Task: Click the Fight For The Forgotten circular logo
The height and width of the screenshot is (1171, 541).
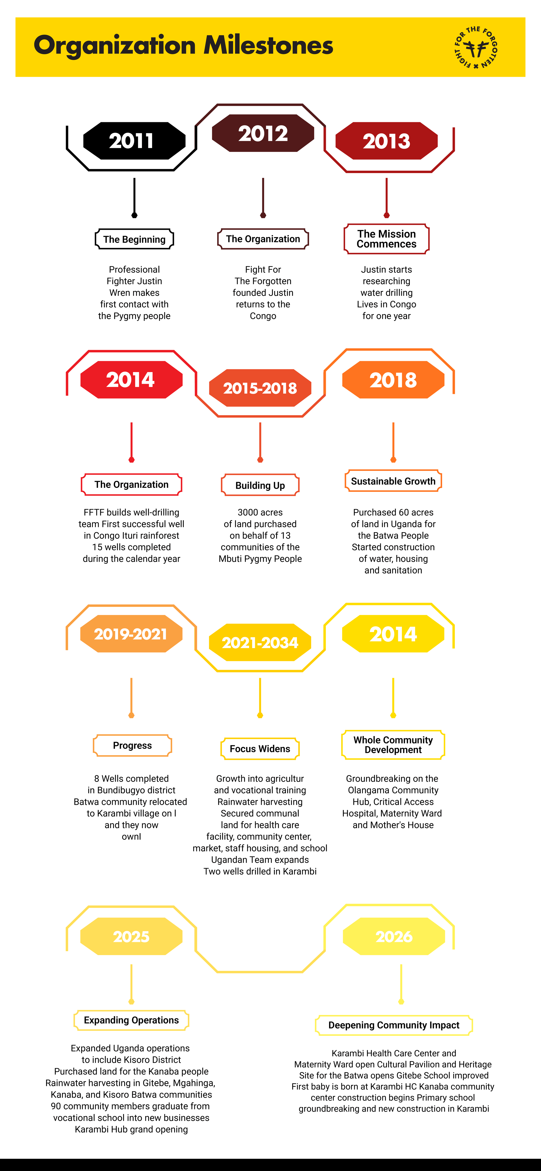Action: (x=476, y=47)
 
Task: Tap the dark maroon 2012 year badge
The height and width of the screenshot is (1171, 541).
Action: (x=263, y=133)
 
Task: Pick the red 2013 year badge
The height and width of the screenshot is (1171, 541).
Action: (x=386, y=141)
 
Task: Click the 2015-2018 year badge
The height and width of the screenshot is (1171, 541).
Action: (x=260, y=388)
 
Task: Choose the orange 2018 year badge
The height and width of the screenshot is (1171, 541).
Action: (x=393, y=380)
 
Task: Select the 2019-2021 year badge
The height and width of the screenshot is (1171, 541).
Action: (x=131, y=634)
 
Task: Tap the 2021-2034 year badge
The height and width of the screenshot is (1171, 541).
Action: (x=260, y=642)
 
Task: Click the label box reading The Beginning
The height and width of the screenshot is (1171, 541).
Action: (x=135, y=239)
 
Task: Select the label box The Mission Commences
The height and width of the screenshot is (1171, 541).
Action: (x=386, y=239)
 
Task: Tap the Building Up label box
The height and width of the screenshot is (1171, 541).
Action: (x=260, y=485)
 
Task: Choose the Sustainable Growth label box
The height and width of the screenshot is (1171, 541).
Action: (x=393, y=481)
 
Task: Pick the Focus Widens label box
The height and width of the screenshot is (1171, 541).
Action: (x=260, y=749)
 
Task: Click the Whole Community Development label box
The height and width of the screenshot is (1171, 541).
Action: (x=393, y=745)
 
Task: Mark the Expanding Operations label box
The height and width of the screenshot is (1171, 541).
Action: (x=131, y=1020)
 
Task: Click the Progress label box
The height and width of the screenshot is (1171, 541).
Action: (x=132, y=745)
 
